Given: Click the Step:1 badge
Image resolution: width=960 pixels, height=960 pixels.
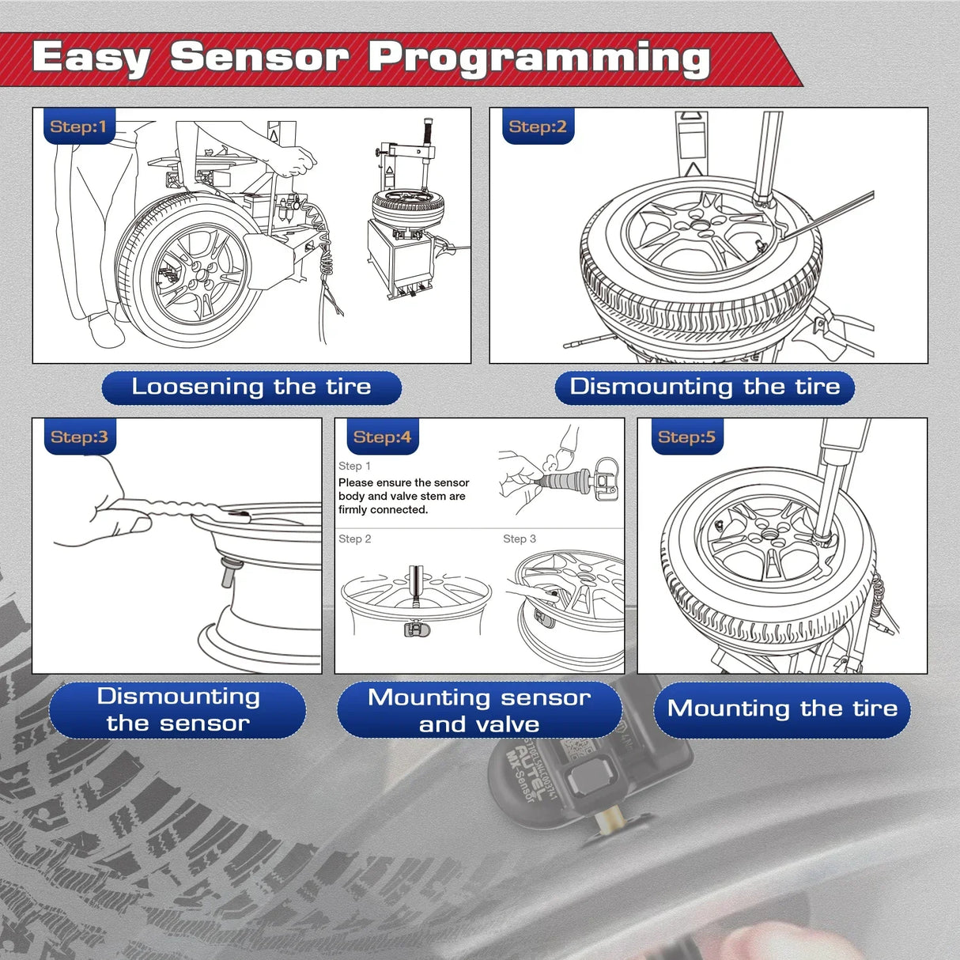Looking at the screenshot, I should [78, 127].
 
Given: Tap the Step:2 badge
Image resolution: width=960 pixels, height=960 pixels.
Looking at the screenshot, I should [537, 127].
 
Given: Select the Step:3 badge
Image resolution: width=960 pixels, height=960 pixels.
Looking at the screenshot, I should [78, 437].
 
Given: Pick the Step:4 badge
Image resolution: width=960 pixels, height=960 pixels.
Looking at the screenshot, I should [382, 437].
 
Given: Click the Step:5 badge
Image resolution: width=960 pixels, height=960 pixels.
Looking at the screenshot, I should [686, 437].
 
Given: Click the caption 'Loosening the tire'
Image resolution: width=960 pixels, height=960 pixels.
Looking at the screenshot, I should [251, 387].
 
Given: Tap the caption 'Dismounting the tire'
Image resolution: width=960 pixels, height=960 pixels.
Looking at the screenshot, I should [705, 387].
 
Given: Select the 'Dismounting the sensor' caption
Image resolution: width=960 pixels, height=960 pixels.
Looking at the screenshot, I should [178, 710].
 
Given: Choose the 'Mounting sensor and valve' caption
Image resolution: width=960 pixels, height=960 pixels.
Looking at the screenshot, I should [479, 710].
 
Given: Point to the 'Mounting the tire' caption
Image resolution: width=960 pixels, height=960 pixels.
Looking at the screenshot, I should [782, 709].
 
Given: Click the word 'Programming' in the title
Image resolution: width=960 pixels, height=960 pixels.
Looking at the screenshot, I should [539, 59].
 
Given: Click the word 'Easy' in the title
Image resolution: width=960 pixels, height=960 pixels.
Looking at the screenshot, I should [91, 59].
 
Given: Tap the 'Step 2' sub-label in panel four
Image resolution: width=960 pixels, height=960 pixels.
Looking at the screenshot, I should [354, 539].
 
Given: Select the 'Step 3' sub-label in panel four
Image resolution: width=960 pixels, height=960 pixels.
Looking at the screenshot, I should [519, 539].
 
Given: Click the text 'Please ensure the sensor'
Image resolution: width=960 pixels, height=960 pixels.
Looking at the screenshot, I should [403, 482].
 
